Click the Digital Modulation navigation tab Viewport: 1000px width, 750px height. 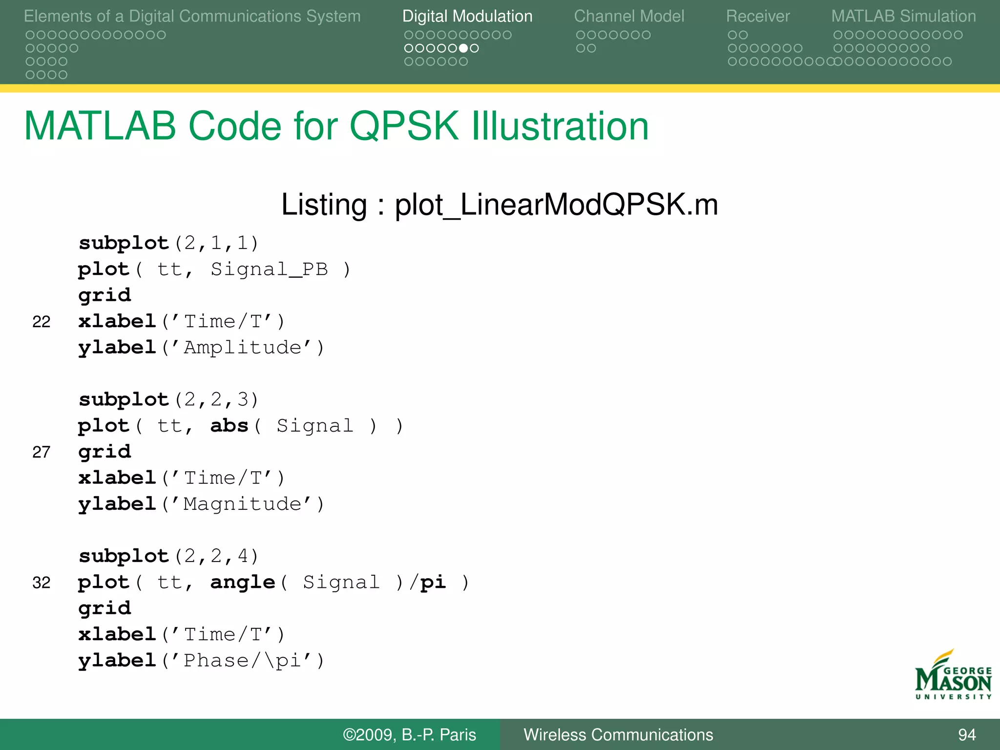click(x=467, y=17)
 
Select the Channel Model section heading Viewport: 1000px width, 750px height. click(x=629, y=17)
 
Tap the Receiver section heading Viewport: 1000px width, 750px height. click(x=758, y=17)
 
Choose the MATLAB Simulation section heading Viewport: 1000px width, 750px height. click(x=903, y=17)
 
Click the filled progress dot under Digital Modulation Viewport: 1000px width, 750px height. click(x=463, y=48)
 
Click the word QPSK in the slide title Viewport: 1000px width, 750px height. click(x=405, y=126)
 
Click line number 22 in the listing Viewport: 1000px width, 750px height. click(x=42, y=322)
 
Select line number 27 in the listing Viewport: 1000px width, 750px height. click(x=42, y=452)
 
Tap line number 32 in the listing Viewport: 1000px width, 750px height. click(x=42, y=583)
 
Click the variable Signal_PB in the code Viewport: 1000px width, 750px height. click(x=269, y=270)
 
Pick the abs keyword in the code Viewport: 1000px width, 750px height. click(x=229, y=426)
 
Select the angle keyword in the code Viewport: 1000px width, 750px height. click(x=243, y=582)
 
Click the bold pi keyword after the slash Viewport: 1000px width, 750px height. click(x=433, y=582)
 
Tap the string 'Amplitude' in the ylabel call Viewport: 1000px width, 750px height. click(x=242, y=348)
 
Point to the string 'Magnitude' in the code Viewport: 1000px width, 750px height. click(x=242, y=504)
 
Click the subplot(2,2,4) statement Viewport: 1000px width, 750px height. click(x=168, y=556)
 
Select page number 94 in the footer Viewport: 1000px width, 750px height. click(x=967, y=735)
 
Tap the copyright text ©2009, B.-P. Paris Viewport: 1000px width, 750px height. click(x=409, y=735)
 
